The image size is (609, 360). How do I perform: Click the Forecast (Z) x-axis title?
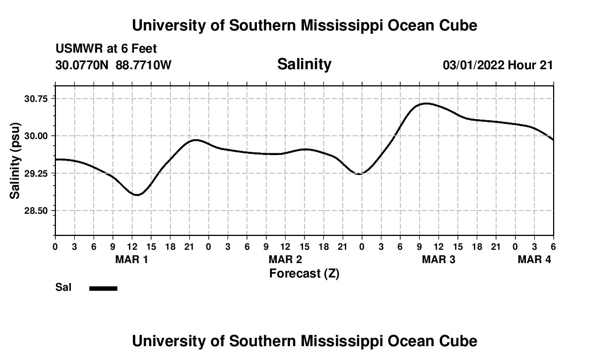(304, 274)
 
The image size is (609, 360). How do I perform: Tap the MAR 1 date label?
(132, 259)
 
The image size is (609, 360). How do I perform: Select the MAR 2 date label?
(285, 259)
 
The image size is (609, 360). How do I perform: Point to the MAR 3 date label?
(438, 259)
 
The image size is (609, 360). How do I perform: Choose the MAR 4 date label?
(534, 259)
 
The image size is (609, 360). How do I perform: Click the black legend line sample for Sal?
(104, 288)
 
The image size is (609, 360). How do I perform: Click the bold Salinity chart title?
(304, 64)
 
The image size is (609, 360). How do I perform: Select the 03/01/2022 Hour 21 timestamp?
(498, 65)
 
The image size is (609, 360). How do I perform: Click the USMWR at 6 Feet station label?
(106, 49)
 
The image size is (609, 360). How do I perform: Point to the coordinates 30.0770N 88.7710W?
(113, 65)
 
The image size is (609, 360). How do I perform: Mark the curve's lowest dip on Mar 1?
(137, 194)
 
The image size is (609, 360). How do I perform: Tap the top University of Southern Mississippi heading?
(304, 25)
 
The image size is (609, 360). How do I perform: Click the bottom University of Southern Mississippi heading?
(304, 341)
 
